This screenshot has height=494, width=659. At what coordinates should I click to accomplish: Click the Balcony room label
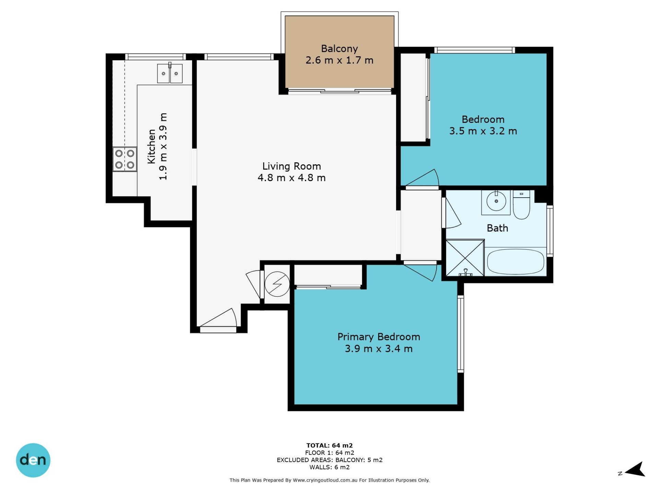339,49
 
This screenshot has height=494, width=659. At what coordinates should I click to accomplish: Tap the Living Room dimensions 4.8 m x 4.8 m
291,178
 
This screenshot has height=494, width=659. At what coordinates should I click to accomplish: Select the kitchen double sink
170,73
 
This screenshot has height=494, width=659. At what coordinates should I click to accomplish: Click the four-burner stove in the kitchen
125,159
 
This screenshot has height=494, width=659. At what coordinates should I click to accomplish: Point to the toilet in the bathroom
521,205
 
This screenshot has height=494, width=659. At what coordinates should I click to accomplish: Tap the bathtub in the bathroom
516,262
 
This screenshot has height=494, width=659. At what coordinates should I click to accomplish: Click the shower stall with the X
465,258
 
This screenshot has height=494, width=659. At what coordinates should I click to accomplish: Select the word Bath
497,228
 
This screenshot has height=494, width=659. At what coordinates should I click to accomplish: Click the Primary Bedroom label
379,337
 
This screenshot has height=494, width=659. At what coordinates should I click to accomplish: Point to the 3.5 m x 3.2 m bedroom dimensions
483,131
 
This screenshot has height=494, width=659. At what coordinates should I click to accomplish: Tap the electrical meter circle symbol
277,284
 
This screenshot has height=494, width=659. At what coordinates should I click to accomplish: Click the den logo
33,460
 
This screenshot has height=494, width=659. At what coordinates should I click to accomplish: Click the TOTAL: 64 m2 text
329,445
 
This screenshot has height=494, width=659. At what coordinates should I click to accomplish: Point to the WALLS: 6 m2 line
329,467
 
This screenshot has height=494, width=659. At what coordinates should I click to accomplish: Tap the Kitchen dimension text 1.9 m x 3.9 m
163,146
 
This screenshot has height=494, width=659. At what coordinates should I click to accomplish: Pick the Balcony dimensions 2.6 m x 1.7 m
339,60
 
